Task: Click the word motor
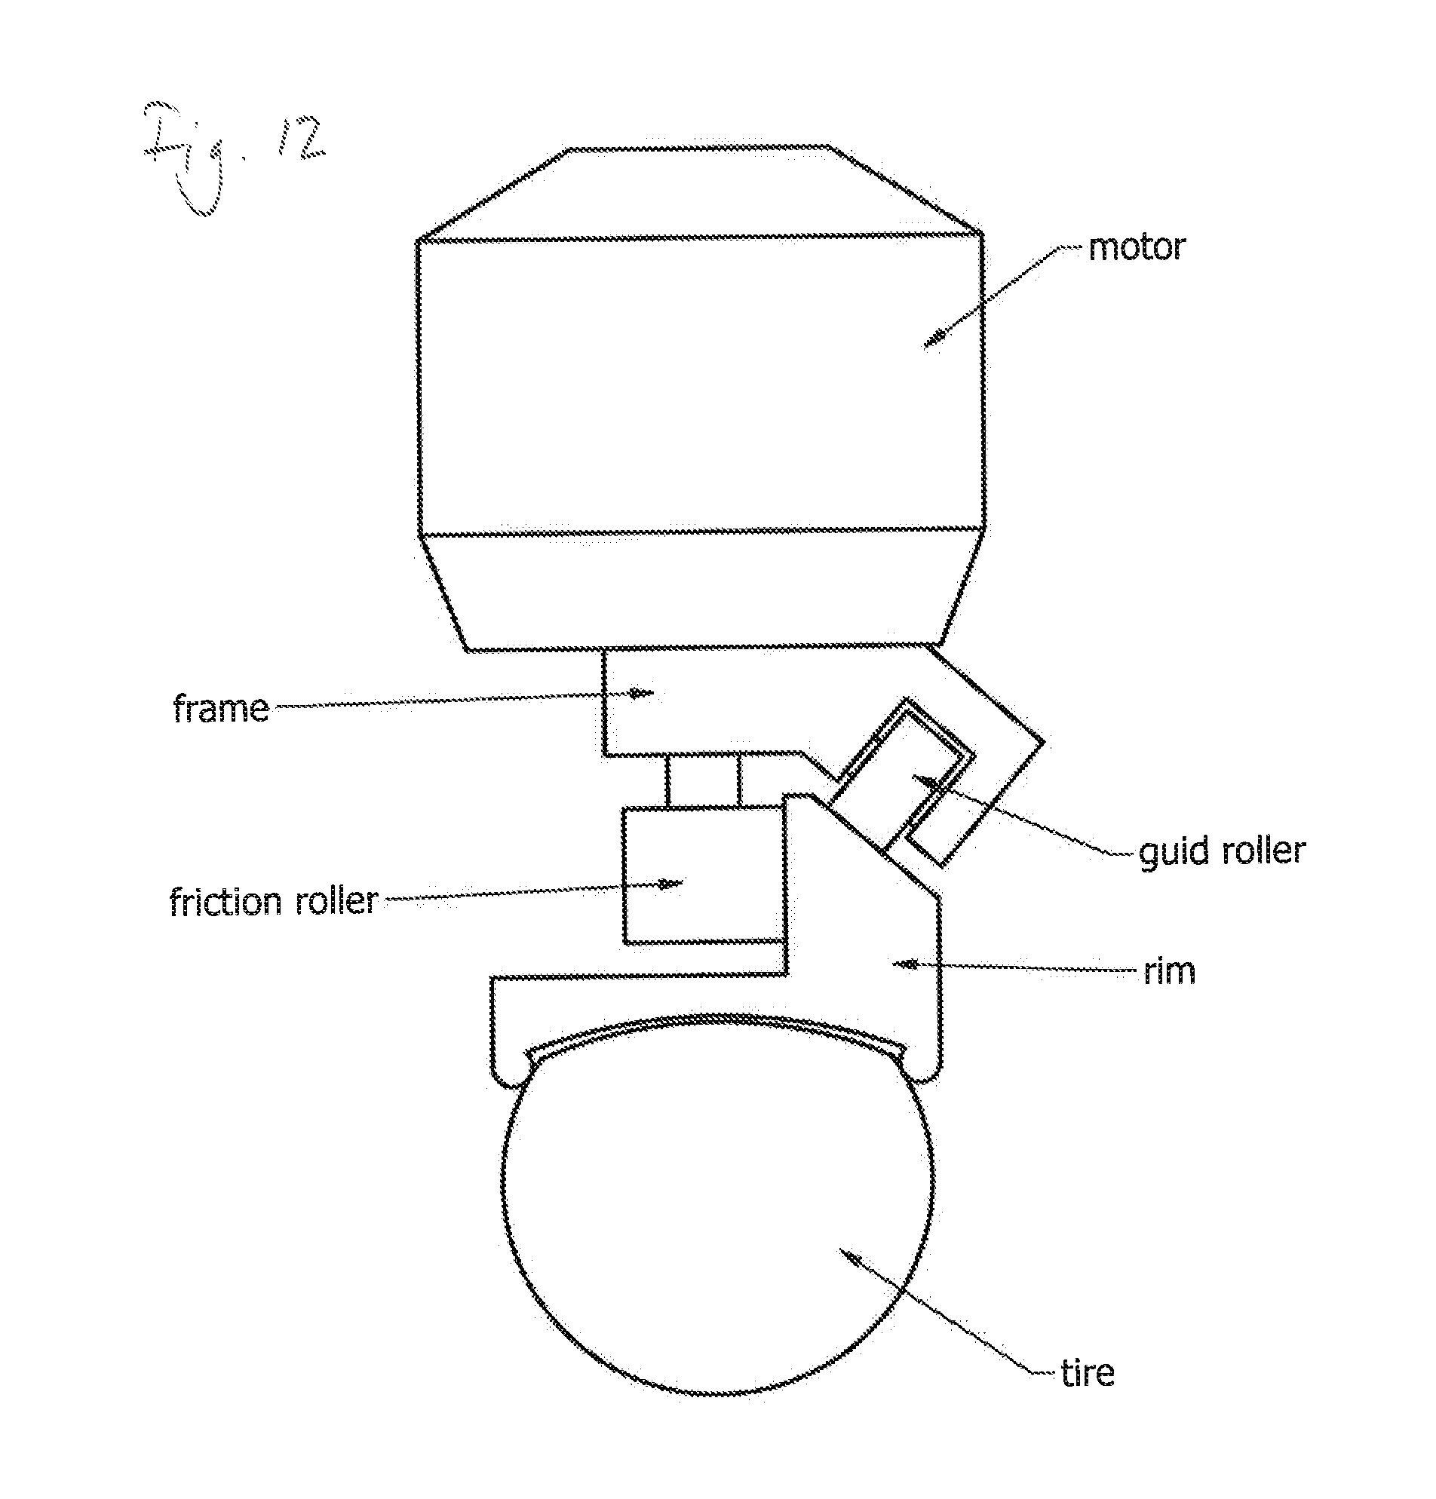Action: tap(1136, 247)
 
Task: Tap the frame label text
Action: tap(220, 709)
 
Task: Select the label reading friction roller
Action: tap(273, 901)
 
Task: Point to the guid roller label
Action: tap(1222, 851)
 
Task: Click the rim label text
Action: tap(1169, 971)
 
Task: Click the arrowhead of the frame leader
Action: tap(643, 693)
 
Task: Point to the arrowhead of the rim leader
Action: tap(907, 965)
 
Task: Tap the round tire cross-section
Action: tap(716, 1231)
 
